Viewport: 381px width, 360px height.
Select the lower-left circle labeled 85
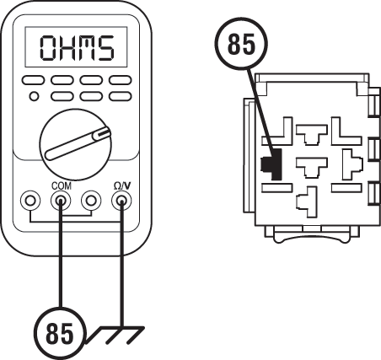(59, 334)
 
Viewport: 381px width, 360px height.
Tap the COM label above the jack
(61, 185)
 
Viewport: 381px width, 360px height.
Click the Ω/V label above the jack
(122, 185)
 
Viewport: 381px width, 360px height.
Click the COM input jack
(61, 201)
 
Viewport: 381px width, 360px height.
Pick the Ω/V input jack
(122, 201)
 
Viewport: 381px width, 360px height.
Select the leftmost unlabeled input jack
(30, 201)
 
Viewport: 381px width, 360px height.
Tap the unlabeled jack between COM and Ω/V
(91, 201)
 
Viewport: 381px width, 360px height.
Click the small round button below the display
(33, 95)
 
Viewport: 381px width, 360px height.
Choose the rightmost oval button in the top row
(121, 81)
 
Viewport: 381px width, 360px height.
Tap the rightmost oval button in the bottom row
(121, 95)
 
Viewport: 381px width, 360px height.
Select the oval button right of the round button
(62, 95)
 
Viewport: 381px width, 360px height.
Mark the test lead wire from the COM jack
(61, 236)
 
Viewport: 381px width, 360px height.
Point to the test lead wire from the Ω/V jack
(122, 236)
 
